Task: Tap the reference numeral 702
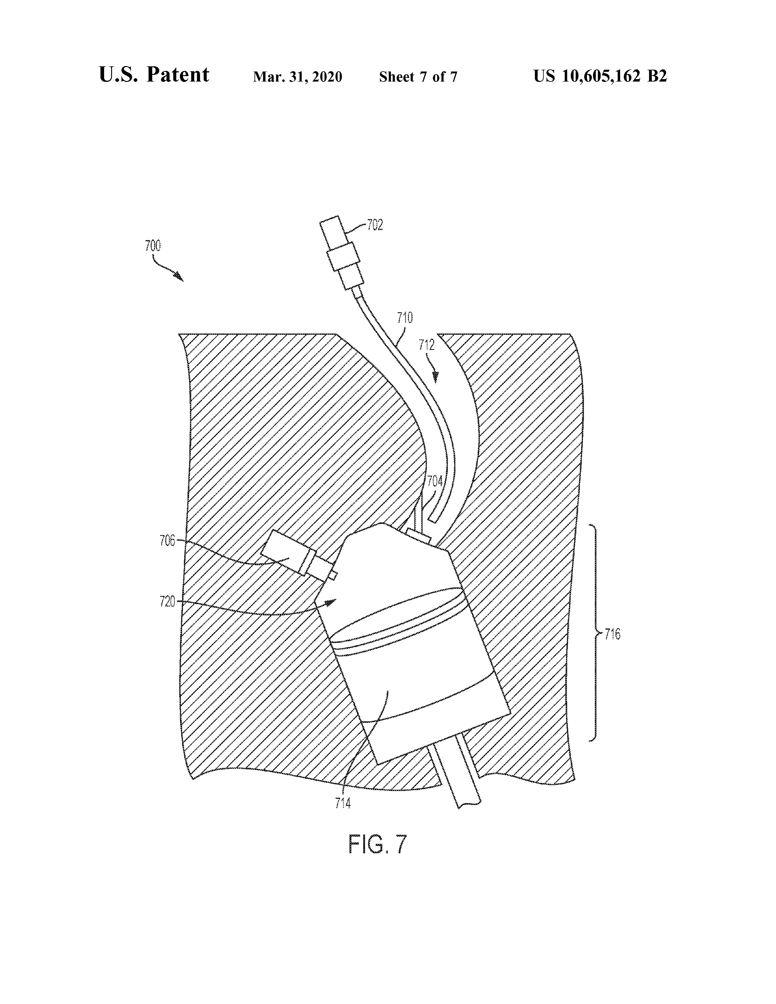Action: [x=375, y=225]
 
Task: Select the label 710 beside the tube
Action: [x=405, y=318]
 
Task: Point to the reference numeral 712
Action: [x=427, y=345]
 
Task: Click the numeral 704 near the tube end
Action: [x=435, y=481]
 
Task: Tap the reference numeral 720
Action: [x=168, y=601]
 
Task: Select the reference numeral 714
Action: [x=343, y=803]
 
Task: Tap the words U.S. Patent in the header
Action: [x=154, y=75]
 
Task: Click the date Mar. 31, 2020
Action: [x=297, y=77]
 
